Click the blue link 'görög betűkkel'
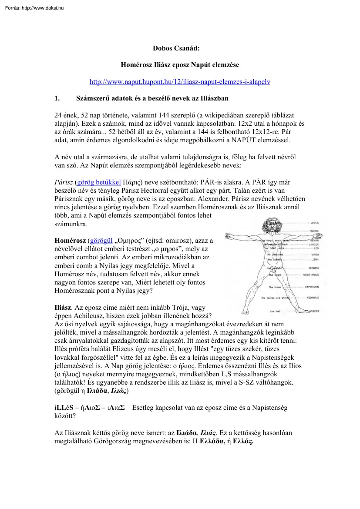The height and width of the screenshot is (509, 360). (x=98, y=181)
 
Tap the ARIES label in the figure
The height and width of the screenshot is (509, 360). (x=315, y=223)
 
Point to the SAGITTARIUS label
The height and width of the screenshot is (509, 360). (x=311, y=275)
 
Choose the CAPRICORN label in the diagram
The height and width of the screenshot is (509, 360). (x=312, y=287)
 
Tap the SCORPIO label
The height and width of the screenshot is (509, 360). (x=313, y=268)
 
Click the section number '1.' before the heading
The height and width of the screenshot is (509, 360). (x=57, y=98)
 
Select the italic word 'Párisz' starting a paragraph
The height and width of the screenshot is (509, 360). (x=64, y=181)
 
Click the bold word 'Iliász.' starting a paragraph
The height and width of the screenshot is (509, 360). (x=64, y=307)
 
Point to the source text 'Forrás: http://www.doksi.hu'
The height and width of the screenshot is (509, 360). (x=32, y=7)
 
